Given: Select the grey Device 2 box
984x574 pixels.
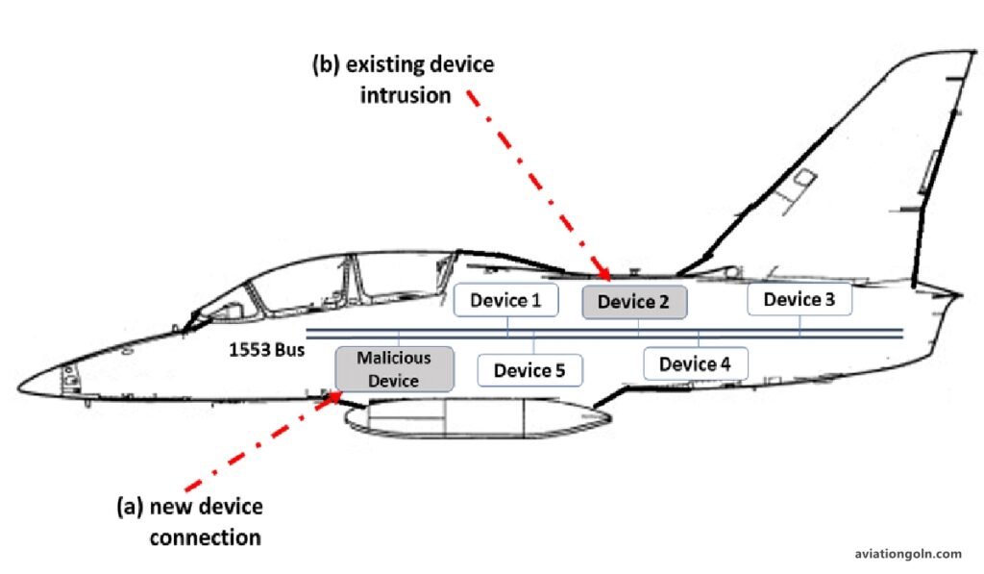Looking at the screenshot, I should (633, 302).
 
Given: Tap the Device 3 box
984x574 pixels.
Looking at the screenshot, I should (799, 300).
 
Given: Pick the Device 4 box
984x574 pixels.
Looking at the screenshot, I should (695, 364).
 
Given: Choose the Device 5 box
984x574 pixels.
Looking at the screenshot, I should (529, 369).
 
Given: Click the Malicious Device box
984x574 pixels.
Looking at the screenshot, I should (394, 369).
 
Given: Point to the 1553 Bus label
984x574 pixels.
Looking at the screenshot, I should (266, 350).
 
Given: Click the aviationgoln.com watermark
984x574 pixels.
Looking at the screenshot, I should (907, 553).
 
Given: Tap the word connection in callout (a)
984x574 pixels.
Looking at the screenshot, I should (205, 537).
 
